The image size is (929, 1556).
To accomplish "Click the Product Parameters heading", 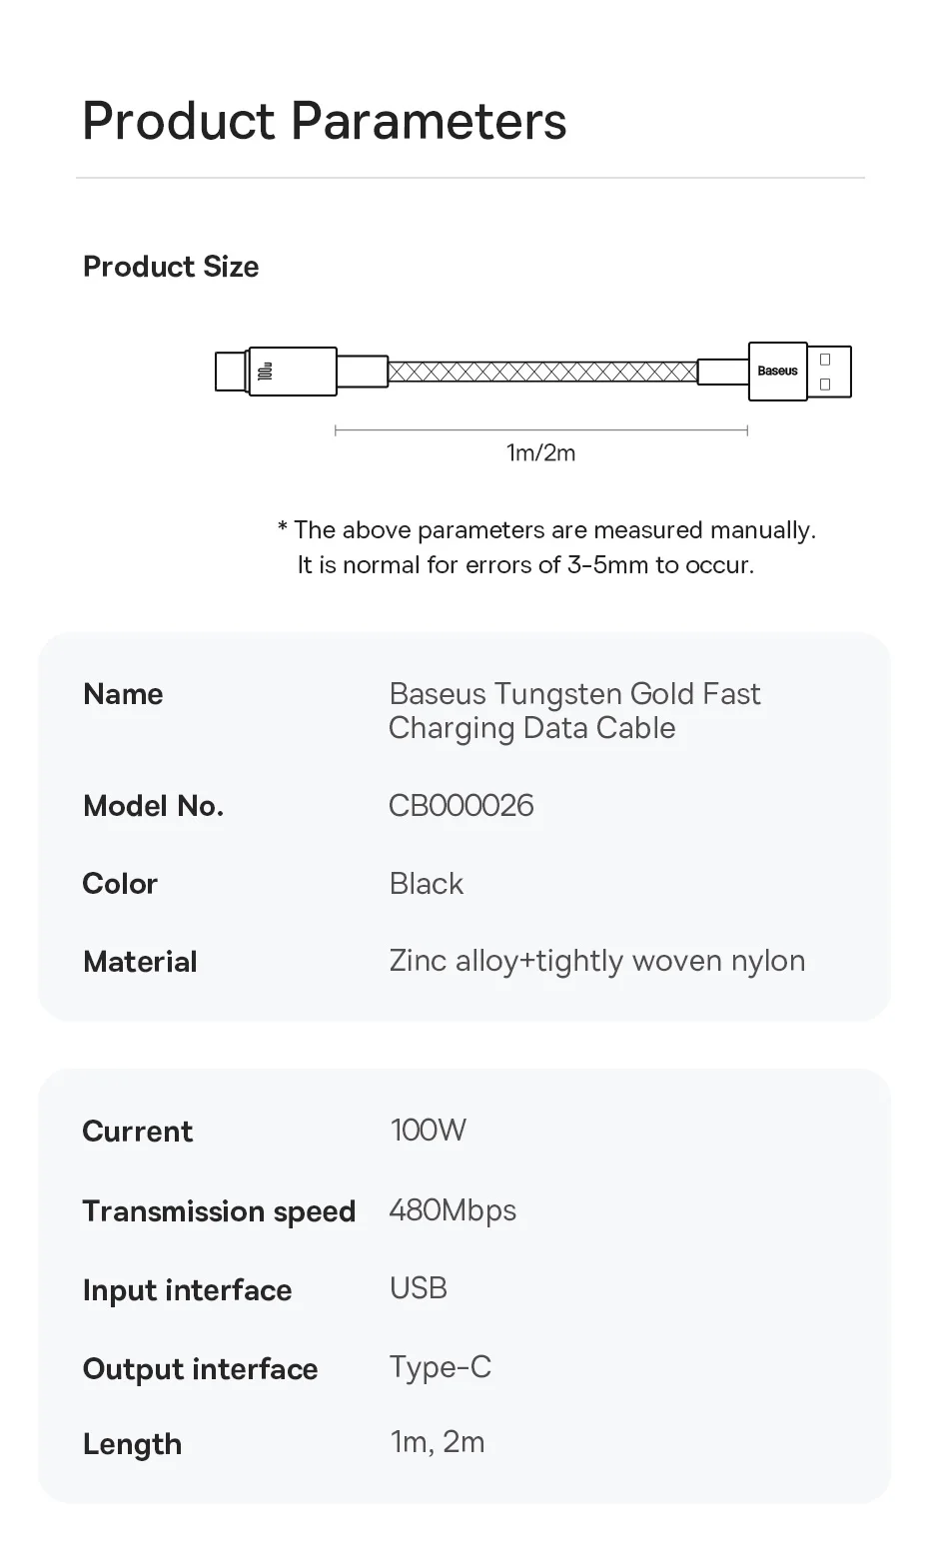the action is [325, 122].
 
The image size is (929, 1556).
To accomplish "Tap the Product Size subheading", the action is [171, 267].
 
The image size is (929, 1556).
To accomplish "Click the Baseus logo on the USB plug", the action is [777, 371].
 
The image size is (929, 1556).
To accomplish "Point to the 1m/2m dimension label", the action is [541, 452].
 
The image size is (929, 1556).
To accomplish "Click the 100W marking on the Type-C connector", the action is [265, 372].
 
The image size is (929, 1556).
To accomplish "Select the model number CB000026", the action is [462, 806].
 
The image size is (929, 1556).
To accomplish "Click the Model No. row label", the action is [154, 807].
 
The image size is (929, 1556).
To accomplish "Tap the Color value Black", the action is [426, 884].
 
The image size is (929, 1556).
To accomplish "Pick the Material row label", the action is [141, 962].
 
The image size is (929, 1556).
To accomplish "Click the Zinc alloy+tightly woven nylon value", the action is [597, 962].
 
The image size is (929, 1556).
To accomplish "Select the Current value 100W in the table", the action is [428, 1131].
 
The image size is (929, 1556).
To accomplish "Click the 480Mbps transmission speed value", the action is [453, 1210].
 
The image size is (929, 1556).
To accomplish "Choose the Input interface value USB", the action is [419, 1288].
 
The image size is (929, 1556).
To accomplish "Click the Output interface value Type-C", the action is [441, 1368].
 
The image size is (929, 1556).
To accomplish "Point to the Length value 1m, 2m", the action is [438, 1442].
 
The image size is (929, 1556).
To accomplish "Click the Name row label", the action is [123, 694].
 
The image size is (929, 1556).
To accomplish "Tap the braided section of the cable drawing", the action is [542, 372].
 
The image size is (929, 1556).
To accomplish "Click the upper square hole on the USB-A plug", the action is [825, 360].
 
